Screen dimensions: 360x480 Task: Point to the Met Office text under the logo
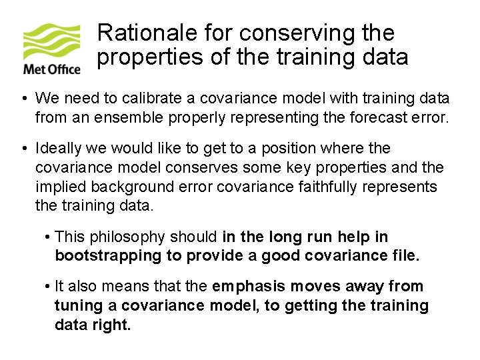(x=52, y=69)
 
